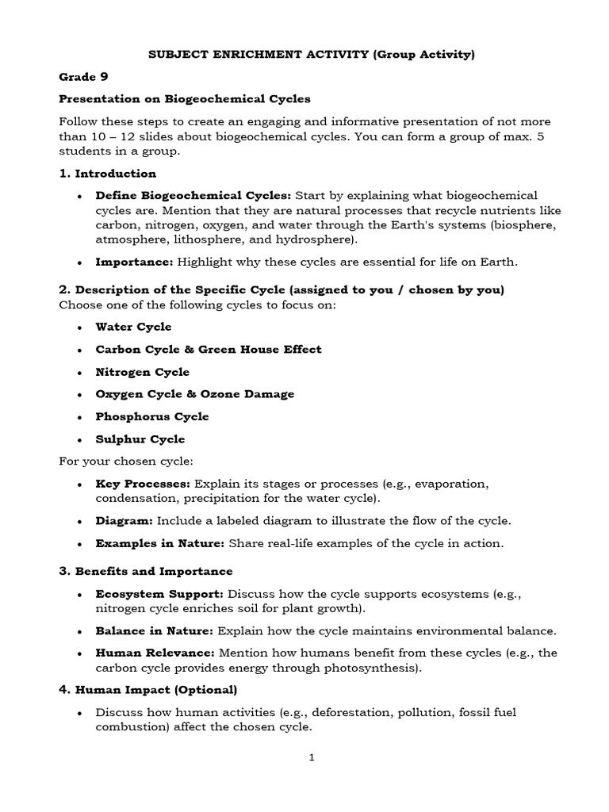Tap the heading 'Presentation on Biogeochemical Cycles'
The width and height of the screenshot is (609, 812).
click(x=185, y=99)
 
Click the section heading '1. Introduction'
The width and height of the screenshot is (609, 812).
click(x=108, y=173)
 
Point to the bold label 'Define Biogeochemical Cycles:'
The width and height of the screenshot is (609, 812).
click(x=193, y=195)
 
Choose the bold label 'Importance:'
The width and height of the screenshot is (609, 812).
click(x=134, y=262)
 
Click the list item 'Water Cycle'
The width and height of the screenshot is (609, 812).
click(x=133, y=327)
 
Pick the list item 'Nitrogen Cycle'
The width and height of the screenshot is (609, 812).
click(x=143, y=371)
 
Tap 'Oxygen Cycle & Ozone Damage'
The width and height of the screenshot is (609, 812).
click(x=194, y=393)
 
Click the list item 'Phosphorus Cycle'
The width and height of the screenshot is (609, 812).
click(x=152, y=416)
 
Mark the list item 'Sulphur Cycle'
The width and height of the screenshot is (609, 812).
click(x=140, y=439)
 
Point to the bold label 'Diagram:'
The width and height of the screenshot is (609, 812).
click(x=124, y=521)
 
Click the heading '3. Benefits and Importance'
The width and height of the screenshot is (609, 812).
click(x=146, y=571)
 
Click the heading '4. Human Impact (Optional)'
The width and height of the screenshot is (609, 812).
click(x=148, y=690)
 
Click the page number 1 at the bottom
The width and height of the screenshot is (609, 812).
click(x=312, y=757)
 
